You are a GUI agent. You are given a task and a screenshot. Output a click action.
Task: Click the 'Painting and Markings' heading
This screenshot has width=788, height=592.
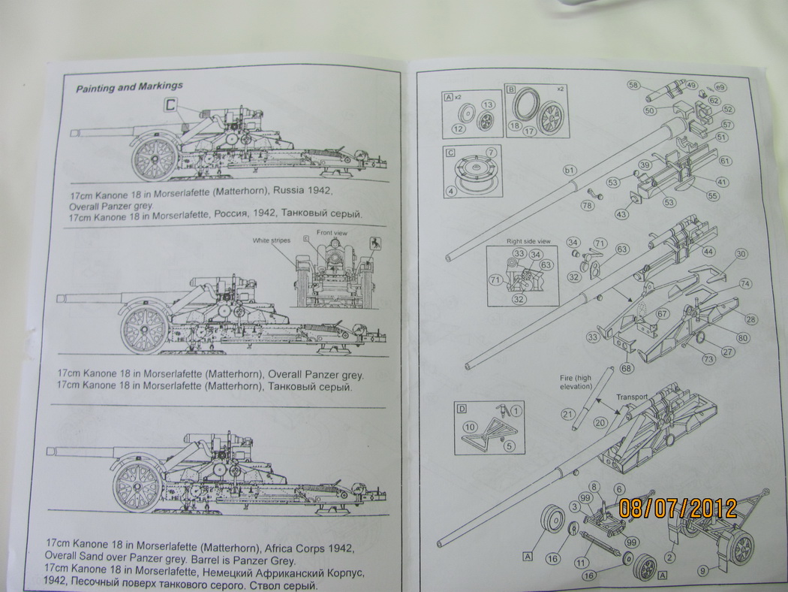click(129, 87)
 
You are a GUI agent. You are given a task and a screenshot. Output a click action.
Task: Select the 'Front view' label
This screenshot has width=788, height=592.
click(329, 232)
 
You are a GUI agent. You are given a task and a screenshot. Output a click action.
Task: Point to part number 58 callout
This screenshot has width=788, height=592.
click(633, 85)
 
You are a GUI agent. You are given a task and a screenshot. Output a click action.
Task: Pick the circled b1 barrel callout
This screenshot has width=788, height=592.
click(570, 171)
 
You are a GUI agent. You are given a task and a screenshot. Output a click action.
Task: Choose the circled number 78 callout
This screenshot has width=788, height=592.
click(588, 205)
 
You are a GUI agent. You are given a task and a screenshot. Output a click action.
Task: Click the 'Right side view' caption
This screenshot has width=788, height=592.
click(528, 240)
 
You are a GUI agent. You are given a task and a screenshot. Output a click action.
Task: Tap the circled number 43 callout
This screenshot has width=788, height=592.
click(621, 214)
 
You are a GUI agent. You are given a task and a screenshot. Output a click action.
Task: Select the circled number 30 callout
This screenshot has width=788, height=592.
click(741, 255)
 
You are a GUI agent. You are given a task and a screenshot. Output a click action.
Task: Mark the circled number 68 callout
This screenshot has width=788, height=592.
click(627, 367)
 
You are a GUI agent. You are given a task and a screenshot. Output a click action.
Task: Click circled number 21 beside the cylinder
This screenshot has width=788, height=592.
click(568, 413)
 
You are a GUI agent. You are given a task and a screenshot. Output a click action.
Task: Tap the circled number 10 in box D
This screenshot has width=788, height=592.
click(471, 427)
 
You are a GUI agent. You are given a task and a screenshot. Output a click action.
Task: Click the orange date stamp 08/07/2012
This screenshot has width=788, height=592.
click(678, 508)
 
